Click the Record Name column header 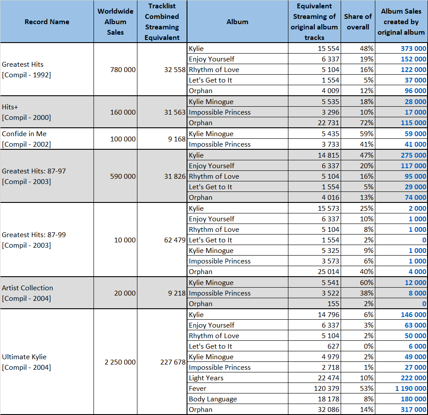click(47, 22)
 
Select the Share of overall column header click(358, 22)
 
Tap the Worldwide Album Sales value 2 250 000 click(120, 362)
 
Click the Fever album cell click(198, 389)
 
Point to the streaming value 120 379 click(327, 389)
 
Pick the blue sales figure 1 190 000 click(410, 389)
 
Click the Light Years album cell click(206, 378)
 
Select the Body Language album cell click(213, 399)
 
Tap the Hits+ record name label click(10, 107)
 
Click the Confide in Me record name click(24, 134)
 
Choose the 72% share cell click(367, 123)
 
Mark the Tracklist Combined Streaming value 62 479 click(175, 240)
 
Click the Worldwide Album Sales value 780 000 click(123, 70)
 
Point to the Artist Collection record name click(27, 288)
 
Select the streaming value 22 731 click(328, 123)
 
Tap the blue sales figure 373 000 click(413, 49)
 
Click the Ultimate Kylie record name click(24, 357)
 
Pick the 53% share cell click(367, 389)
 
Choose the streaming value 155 click(333, 303)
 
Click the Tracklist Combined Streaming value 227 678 click(173, 362)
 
